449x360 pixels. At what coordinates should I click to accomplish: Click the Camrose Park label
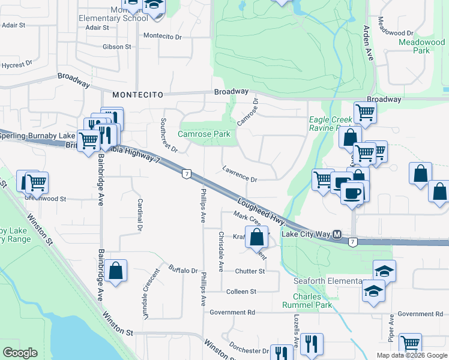click(x=204, y=134)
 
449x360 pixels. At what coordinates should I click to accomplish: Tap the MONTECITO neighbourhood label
click(x=137, y=95)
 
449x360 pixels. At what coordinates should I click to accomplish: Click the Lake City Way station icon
click(x=337, y=234)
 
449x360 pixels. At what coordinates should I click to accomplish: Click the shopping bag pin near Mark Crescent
click(x=257, y=237)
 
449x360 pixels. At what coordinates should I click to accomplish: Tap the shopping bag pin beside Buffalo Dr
click(x=116, y=271)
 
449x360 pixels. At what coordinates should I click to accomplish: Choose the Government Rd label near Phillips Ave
click(x=232, y=313)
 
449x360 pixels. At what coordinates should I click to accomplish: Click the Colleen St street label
click(x=241, y=292)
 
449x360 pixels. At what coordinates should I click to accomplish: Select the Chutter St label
click(x=250, y=271)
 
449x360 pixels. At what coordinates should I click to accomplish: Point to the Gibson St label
click(x=116, y=46)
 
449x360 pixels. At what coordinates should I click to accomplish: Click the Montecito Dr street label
click(x=162, y=36)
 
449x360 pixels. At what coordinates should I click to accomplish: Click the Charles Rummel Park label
click(x=313, y=301)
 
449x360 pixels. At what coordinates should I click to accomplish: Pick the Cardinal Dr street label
click(x=139, y=215)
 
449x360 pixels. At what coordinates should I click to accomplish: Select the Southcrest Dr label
click(x=168, y=134)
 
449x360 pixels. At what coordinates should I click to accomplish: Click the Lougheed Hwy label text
click(x=260, y=212)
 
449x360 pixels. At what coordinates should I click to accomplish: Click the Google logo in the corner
click(x=20, y=353)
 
